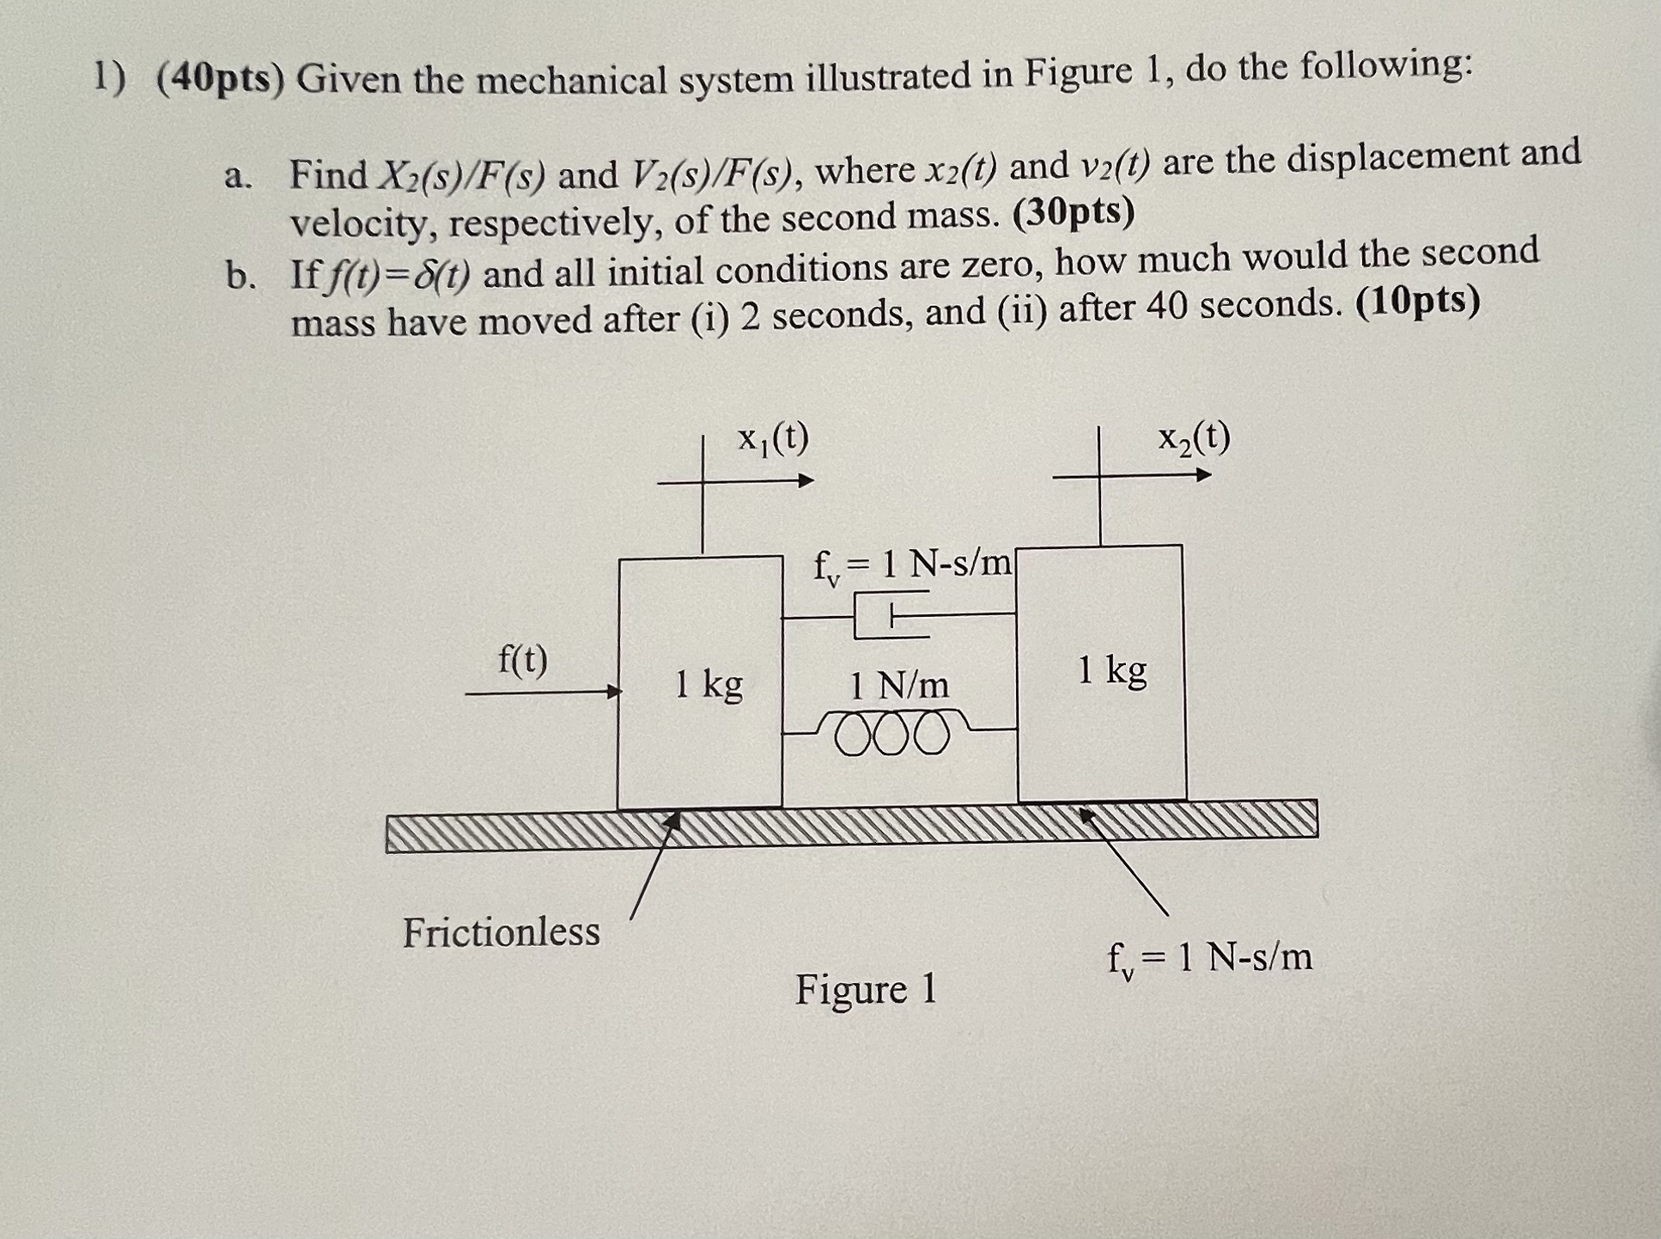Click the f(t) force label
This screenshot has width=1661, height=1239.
(x=523, y=661)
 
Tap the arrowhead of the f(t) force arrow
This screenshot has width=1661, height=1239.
(x=614, y=692)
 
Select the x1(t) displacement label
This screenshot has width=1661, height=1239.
(x=773, y=439)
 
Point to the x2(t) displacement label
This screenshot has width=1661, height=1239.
(x=1193, y=439)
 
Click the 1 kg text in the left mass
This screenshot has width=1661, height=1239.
(x=709, y=685)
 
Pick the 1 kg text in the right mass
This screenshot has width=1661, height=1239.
(x=1112, y=670)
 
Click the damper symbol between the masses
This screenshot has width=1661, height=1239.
(x=891, y=615)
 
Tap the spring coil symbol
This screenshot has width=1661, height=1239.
(x=893, y=733)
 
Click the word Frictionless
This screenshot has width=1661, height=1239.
(x=502, y=932)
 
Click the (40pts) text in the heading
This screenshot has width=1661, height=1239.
(x=220, y=80)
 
